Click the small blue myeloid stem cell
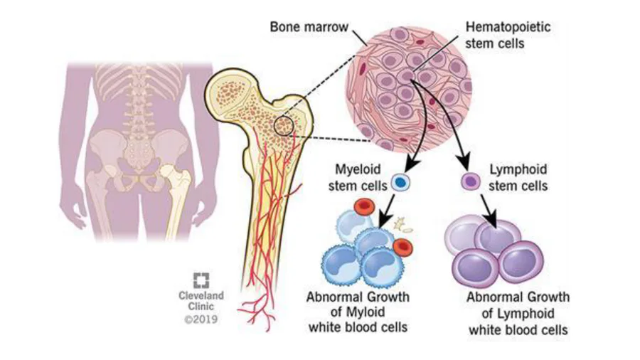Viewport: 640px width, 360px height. (x=401, y=183)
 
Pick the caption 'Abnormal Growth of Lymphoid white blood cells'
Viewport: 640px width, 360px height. (x=518, y=314)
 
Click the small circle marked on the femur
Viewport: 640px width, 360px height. (x=284, y=126)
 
